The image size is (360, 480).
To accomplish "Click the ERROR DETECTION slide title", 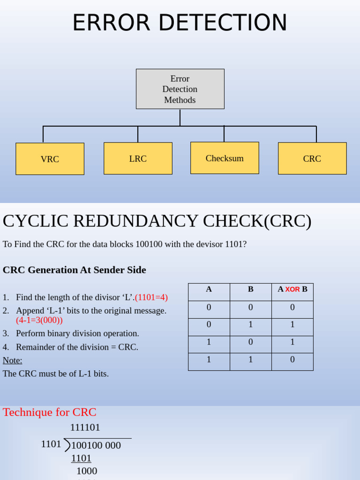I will tap(180, 22).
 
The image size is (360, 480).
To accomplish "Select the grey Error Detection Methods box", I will tap(180, 89).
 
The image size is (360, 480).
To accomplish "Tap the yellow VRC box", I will tap(50, 159).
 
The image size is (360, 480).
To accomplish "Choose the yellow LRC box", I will tap(138, 158).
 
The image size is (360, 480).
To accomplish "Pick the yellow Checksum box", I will tap(225, 158).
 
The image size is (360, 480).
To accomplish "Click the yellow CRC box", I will tap(312, 158).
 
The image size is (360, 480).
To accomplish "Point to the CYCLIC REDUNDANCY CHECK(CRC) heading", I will tap(157, 221).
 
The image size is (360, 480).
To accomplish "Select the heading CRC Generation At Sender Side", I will tap(75, 270).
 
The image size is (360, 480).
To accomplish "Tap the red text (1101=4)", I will tap(151, 297).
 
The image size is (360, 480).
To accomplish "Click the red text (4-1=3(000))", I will tap(39, 320).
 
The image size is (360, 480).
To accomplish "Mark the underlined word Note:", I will tap(13, 360).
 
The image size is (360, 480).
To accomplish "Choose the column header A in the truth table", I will tap(209, 289).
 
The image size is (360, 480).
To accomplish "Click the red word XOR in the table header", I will tap(292, 290).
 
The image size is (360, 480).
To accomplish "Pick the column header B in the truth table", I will tap(251, 289).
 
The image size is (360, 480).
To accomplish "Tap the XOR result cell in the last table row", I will tap(292, 360).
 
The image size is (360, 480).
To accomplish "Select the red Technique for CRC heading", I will tap(50, 412).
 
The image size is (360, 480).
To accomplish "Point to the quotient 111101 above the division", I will tap(85, 427).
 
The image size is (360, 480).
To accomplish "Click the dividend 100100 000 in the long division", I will tap(96, 445).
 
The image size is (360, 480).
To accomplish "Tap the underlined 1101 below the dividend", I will tap(81, 458).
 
